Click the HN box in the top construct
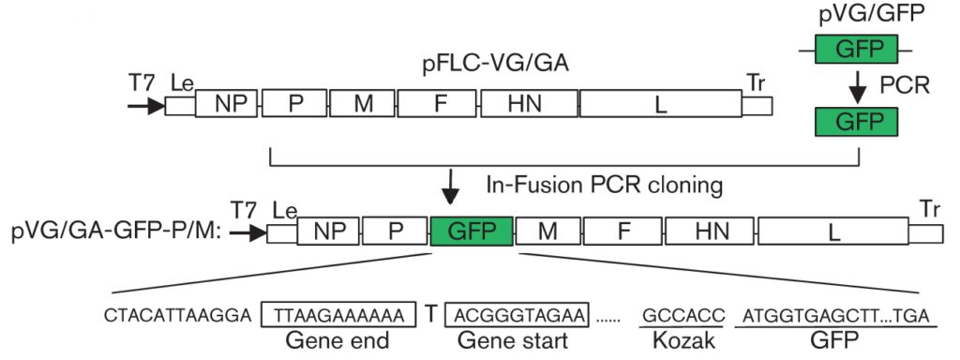[x=530, y=105]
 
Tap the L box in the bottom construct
[x=832, y=231]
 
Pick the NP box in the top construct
[x=226, y=105]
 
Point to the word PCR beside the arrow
[x=905, y=86]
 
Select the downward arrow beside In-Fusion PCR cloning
[x=451, y=187]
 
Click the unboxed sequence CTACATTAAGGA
[x=178, y=315]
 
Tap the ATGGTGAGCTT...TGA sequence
[x=834, y=315]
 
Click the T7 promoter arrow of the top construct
[x=145, y=106]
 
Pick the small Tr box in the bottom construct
[x=930, y=232]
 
